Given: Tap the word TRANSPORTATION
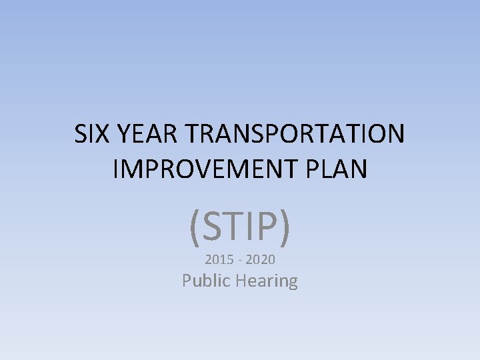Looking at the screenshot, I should (294, 135).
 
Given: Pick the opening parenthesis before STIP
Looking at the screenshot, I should (195, 227).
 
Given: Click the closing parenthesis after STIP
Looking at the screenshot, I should (285, 227).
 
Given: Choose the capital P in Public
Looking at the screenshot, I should (187, 281).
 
